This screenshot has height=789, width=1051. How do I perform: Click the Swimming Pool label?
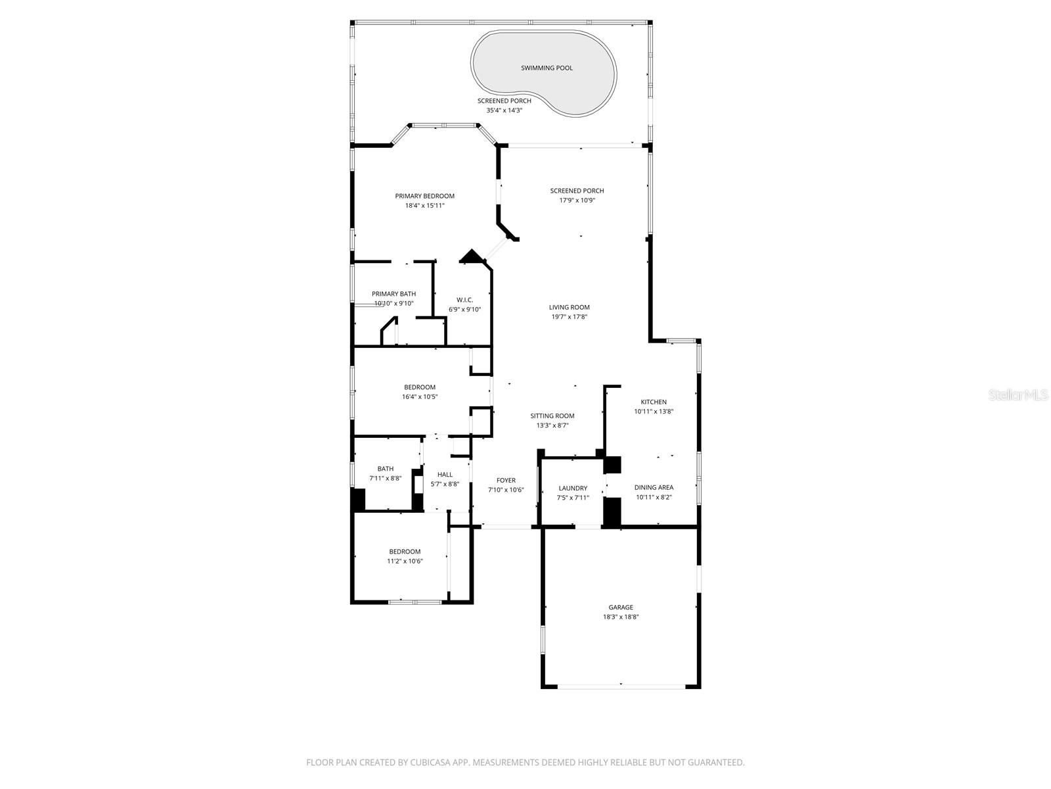pyautogui.click(x=547, y=68)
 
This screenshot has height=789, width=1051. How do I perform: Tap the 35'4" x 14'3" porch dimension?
pyautogui.click(x=504, y=110)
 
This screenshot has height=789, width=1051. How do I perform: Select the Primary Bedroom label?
pyautogui.click(x=424, y=196)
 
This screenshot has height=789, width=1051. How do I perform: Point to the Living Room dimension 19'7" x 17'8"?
pyautogui.click(x=570, y=317)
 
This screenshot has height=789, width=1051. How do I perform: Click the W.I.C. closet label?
pyautogui.click(x=465, y=300)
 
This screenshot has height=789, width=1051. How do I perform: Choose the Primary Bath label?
pyautogui.click(x=393, y=294)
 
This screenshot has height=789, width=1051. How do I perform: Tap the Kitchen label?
pyautogui.click(x=654, y=402)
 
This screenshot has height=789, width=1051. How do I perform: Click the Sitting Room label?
pyautogui.click(x=552, y=416)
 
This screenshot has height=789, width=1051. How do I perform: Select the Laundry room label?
pyautogui.click(x=573, y=488)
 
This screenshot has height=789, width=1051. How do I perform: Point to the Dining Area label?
pyautogui.click(x=654, y=487)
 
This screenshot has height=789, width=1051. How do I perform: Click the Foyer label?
pyautogui.click(x=506, y=480)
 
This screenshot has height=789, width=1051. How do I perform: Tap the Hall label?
pyautogui.click(x=445, y=474)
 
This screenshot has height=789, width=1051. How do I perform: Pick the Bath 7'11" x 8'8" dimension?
pyautogui.click(x=386, y=479)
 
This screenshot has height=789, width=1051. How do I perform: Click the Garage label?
pyautogui.click(x=621, y=607)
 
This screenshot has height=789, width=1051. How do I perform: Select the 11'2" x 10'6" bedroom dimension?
pyautogui.click(x=405, y=562)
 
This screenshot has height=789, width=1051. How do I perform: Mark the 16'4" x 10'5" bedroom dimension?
pyautogui.click(x=420, y=397)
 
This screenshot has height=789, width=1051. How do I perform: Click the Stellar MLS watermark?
pyautogui.click(x=1017, y=394)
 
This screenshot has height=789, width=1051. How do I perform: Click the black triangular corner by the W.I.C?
pyautogui.click(x=470, y=256)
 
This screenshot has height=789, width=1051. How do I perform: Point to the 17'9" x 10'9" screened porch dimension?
pyautogui.click(x=577, y=201)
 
